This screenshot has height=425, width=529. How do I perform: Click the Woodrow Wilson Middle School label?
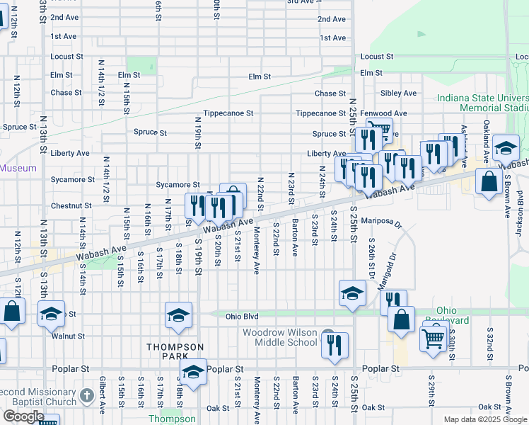pyautogui.click(x=280, y=337)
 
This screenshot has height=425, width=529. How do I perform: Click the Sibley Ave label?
pyautogui.click(x=398, y=93)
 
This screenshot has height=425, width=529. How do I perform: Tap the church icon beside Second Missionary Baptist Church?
pyautogui.click(x=86, y=396)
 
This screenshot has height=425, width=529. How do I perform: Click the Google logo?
pyautogui.click(x=23, y=416)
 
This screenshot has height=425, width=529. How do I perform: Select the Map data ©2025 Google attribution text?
pyautogui.click(x=485, y=419)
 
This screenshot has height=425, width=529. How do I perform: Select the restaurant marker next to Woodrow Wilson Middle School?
pyautogui.click(x=335, y=345)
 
